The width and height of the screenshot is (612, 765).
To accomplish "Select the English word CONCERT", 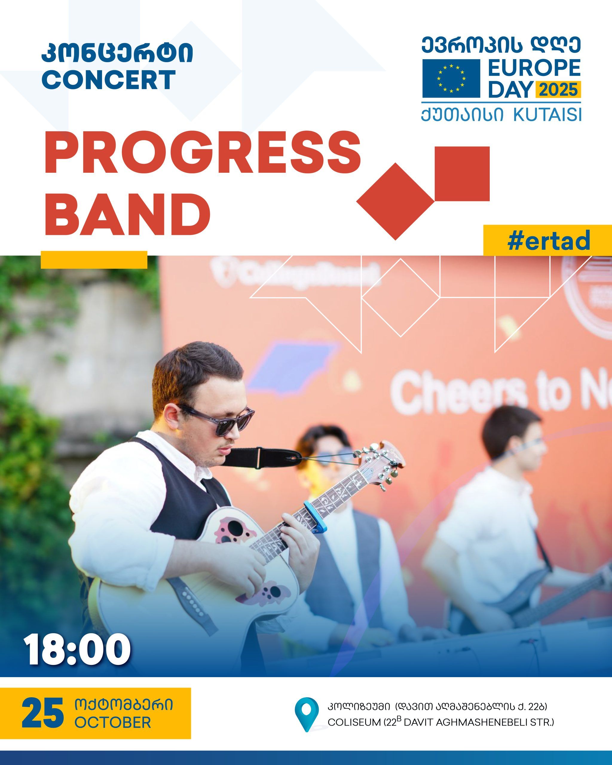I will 111,79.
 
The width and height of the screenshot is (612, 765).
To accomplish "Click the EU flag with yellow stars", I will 451,78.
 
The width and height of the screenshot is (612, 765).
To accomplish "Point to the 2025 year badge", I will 558,89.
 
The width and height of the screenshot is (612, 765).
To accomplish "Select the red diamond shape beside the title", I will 396,201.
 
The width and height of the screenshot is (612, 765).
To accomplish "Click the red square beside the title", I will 462,174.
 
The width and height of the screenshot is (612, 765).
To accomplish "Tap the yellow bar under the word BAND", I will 94,259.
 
